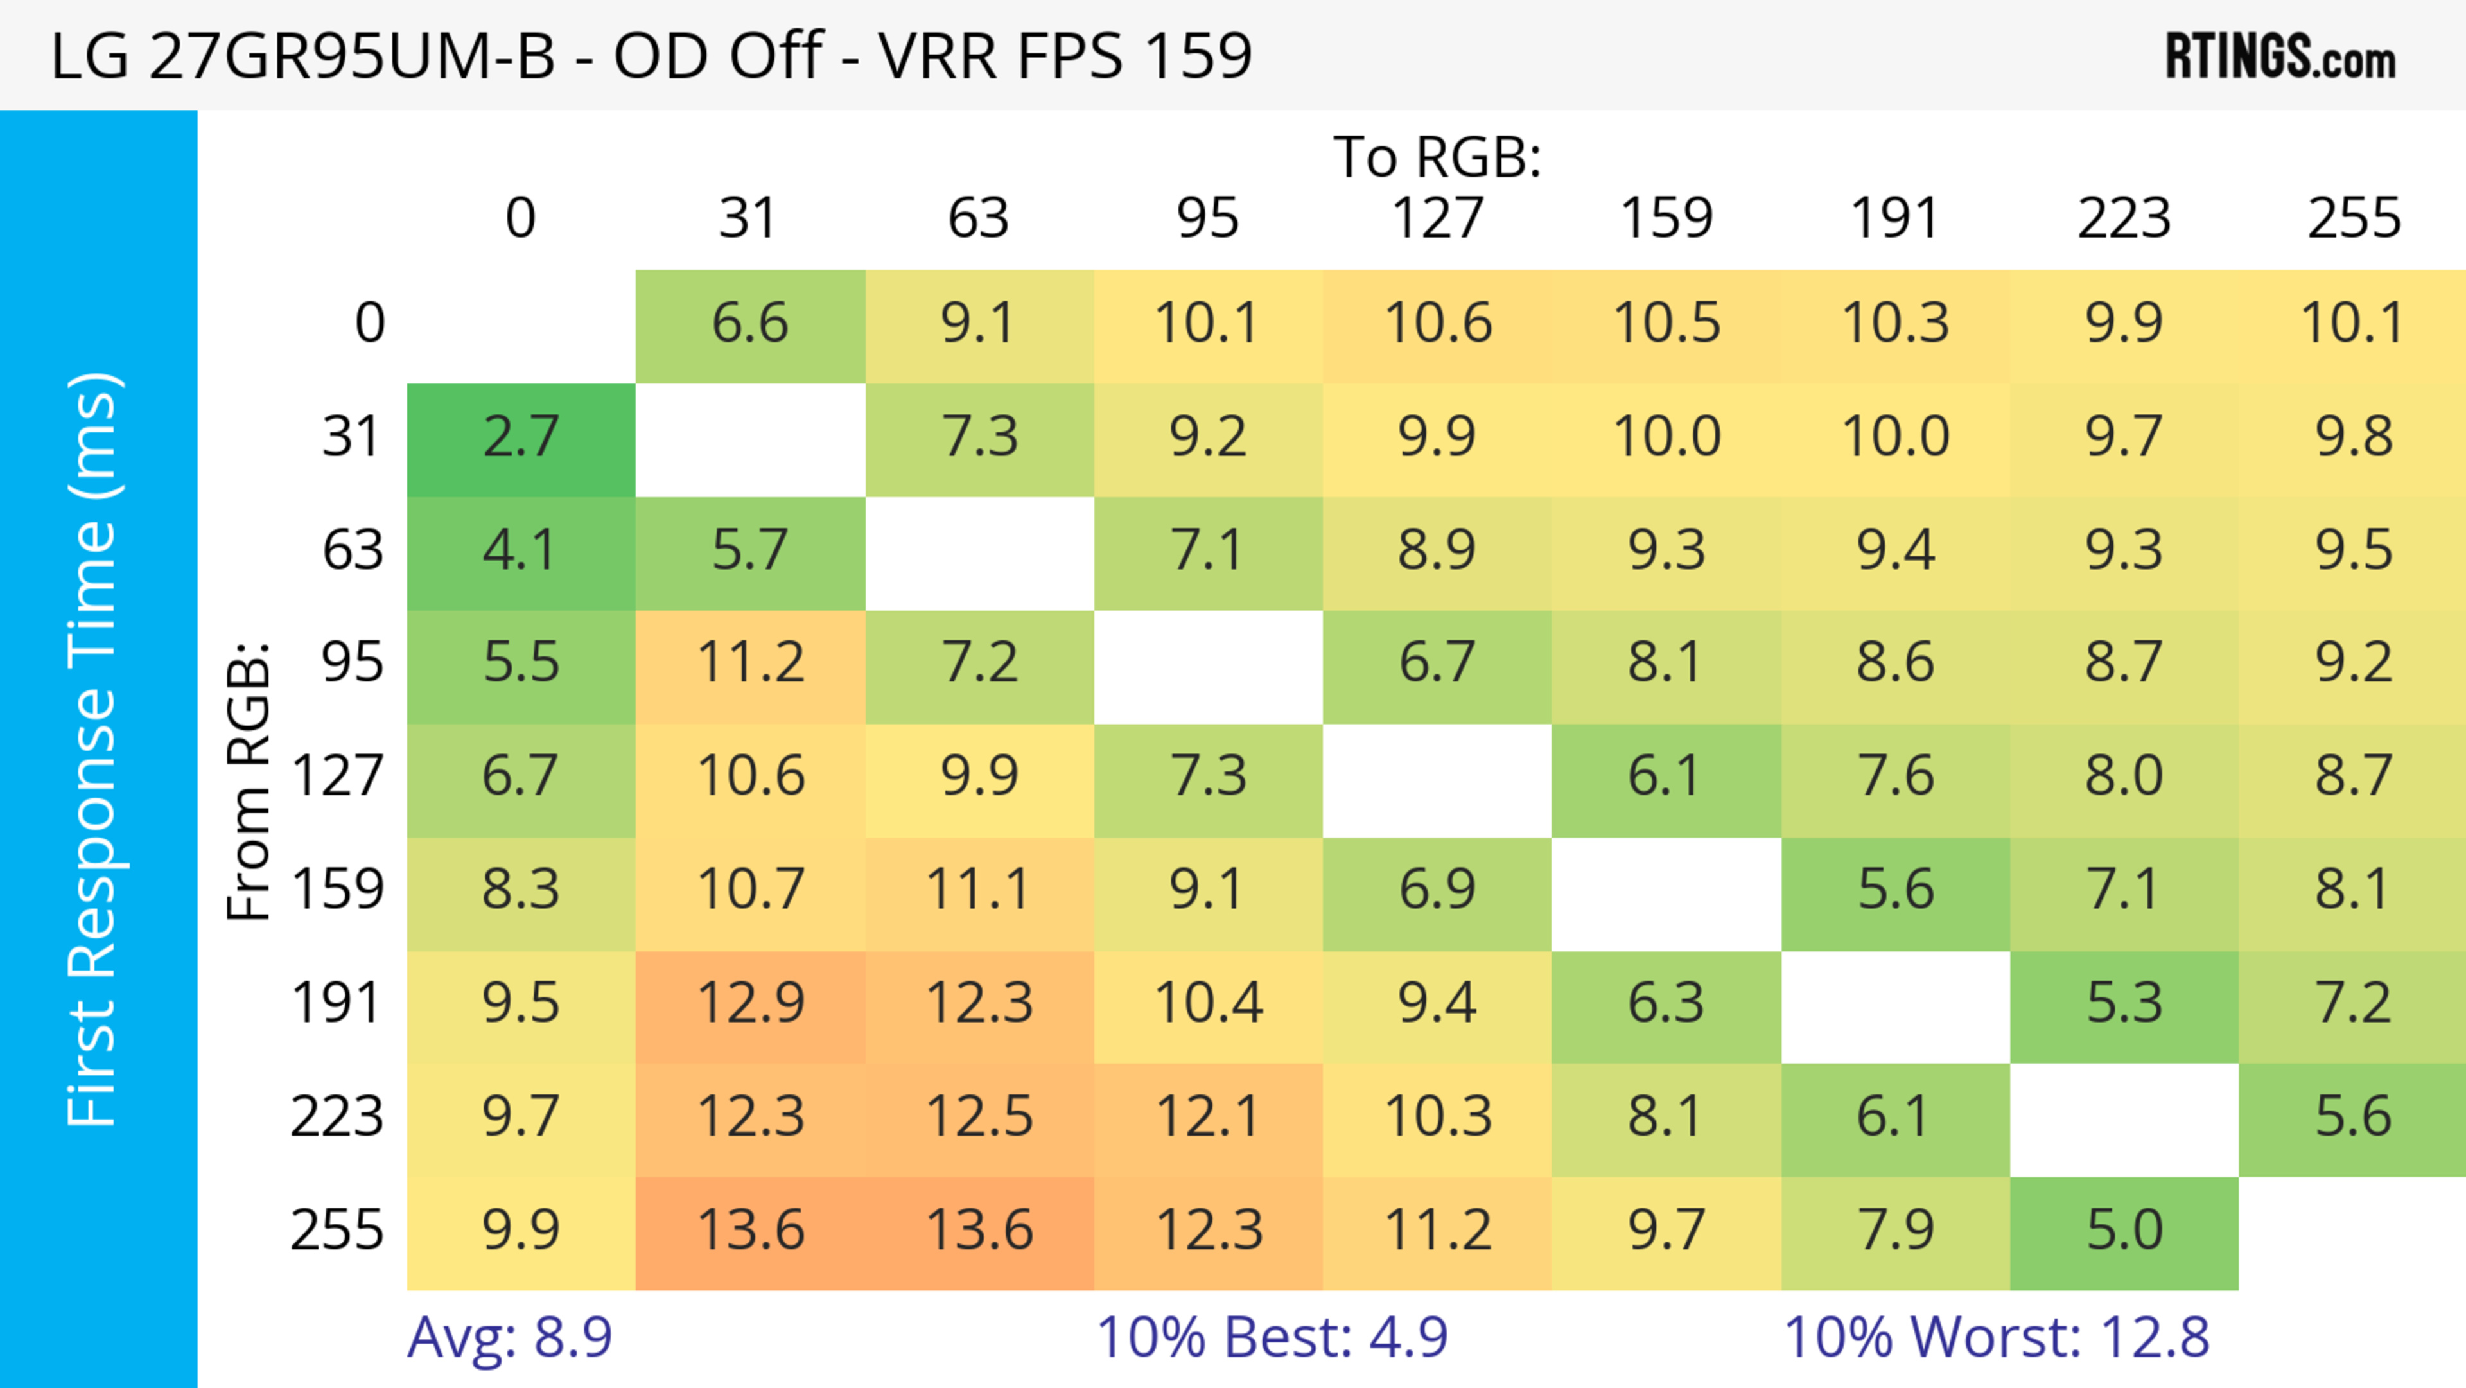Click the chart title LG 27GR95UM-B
click(x=651, y=55)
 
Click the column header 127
click(x=1437, y=218)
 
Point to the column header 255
click(x=2353, y=218)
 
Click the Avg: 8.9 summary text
click(x=509, y=1337)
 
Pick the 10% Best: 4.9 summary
click(x=1272, y=1337)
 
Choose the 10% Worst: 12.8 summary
click(x=1996, y=1337)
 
